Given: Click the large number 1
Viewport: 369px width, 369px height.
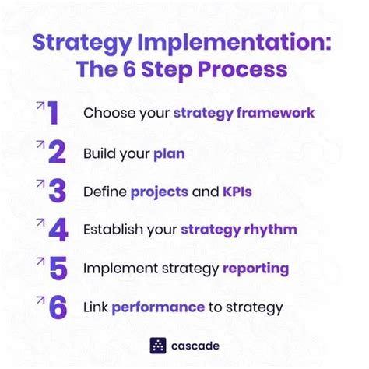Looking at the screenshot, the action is pyautogui.click(x=54, y=113).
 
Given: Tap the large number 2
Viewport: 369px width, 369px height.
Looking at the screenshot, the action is pyautogui.click(x=57, y=152).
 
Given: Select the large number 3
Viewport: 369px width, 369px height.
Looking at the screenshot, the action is pyautogui.click(x=58, y=191).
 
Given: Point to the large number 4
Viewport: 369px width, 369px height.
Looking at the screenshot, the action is pyautogui.click(x=58, y=230).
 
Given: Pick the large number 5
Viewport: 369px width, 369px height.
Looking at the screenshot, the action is pyautogui.click(x=58, y=269).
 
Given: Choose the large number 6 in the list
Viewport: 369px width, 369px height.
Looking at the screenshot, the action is pyautogui.click(x=58, y=307).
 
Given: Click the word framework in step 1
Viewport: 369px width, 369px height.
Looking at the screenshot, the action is pyautogui.click(x=276, y=113).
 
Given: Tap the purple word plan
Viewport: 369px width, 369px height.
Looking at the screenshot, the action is pyautogui.click(x=169, y=154).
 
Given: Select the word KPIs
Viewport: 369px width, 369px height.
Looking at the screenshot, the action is pyautogui.click(x=237, y=192).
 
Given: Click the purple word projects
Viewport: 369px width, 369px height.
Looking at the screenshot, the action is pyautogui.click(x=160, y=192).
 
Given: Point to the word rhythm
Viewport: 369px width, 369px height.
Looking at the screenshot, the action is pyautogui.click(x=271, y=230).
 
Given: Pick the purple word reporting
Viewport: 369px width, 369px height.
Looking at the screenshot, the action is pyautogui.click(x=255, y=269).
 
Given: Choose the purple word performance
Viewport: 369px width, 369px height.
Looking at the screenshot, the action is pyautogui.click(x=158, y=307).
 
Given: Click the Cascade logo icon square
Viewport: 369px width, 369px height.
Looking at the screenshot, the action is pyautogui.click(x=158, y=346).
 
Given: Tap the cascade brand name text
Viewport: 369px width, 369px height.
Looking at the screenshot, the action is pyautogui.click(x=195, y=346).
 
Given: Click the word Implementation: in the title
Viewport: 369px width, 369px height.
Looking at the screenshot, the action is pyautogui.click(x=234, y=43).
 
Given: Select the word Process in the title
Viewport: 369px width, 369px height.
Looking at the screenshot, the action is pyautogui.click(x=243, y=69).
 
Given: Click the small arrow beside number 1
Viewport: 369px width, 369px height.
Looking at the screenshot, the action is pyautogui.click(x=40, y=106).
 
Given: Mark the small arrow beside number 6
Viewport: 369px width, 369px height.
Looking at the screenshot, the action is pyautogui.click(x=40, y=300).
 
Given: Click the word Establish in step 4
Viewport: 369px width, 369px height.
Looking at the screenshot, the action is pyautogui.click(x=113, y=230).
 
